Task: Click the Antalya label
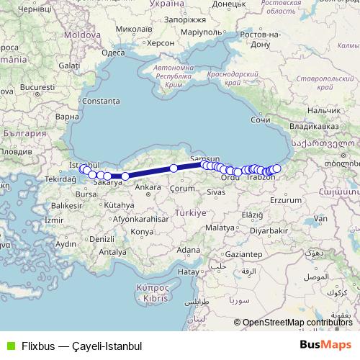[x=112, y=252]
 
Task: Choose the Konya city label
[x=142, y=232]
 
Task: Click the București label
[x=33, y=88]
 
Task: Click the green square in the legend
[x=9, y=346]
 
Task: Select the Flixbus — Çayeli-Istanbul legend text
[x=81, y=346]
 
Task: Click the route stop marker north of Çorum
[x=174, y=168]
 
